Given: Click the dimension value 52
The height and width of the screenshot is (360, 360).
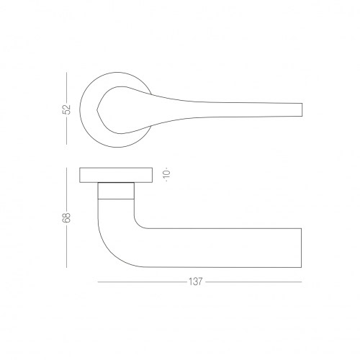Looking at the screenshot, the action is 67,109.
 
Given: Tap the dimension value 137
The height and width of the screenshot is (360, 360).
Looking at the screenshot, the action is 196,282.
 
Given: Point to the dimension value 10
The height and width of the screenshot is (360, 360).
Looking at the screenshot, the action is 167,174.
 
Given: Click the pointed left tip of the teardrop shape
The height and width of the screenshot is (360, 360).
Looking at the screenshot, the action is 97,110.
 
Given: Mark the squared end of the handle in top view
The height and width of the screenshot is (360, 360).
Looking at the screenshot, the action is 302,109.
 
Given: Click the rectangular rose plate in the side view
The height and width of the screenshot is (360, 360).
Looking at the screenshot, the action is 116,175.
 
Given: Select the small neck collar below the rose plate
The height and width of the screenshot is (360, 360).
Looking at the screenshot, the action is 116,191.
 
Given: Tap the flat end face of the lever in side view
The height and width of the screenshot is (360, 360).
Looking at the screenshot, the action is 301,248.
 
